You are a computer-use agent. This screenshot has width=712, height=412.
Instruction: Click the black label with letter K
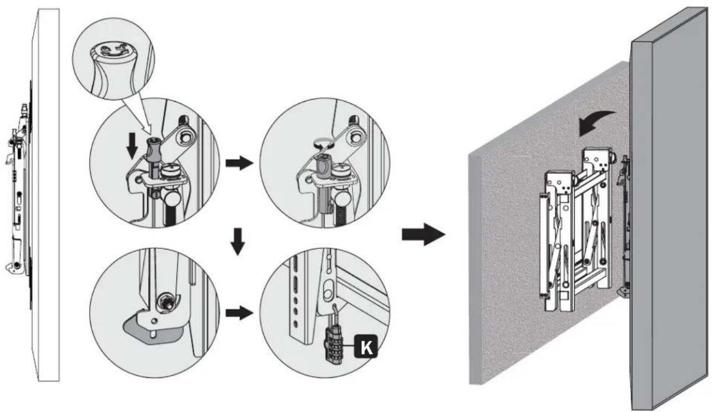point(366,346)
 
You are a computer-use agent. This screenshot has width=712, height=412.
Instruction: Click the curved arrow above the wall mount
point(597,123)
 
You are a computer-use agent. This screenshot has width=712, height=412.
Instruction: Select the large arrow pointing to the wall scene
point(423,234)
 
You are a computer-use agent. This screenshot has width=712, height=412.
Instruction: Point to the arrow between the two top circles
point(240,163)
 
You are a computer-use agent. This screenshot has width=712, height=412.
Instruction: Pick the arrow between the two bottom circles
point(240,313)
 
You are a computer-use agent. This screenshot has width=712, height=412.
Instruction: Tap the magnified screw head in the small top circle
point(113,50)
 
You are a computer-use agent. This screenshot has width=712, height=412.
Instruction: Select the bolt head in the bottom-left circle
point(166,301)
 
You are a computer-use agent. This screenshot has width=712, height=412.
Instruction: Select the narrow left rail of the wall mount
point(545,246)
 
